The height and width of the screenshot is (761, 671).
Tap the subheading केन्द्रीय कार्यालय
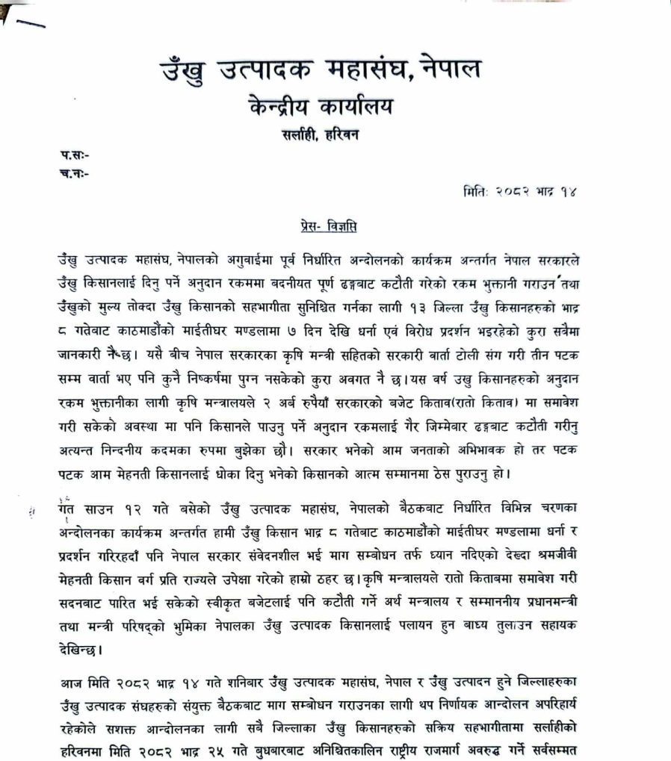tap(321, 107)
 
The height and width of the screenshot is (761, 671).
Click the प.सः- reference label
tap(75, 155)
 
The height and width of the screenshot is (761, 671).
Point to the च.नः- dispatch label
tap(75, 173)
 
